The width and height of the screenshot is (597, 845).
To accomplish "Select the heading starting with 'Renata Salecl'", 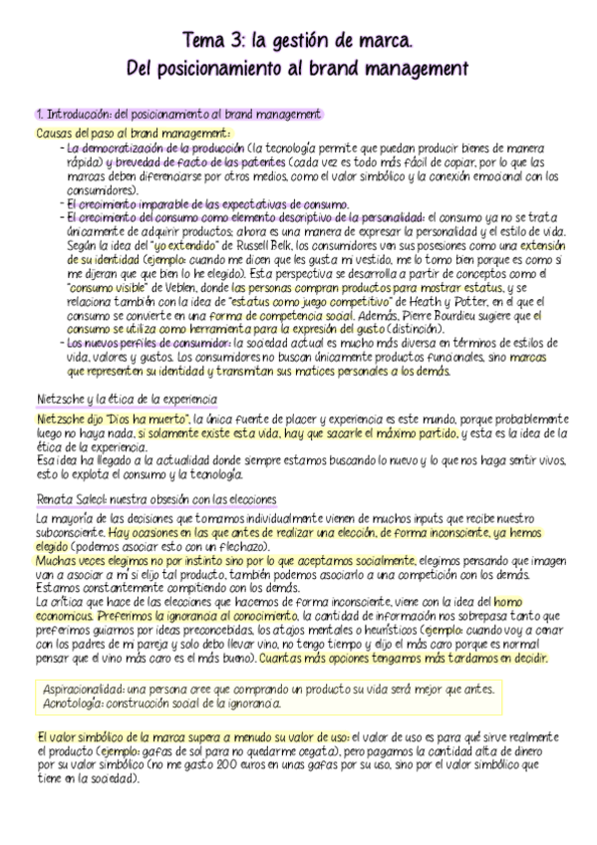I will tap(154, 498).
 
